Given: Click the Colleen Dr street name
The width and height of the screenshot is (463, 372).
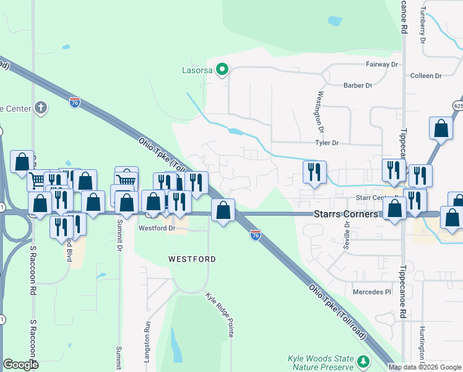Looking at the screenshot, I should point(426,76).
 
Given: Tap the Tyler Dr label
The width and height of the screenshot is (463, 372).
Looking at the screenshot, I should point(327,143).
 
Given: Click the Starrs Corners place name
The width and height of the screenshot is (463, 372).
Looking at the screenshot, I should point(346,214).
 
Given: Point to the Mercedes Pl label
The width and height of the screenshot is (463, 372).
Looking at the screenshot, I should point(372,291).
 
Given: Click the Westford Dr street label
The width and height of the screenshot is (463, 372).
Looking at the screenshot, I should point(157,228).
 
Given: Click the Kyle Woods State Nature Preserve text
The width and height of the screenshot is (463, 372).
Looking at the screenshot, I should point(320,363).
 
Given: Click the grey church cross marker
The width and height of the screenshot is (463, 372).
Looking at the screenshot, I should point(41,108).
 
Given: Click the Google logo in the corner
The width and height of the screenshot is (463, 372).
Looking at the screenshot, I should point(20,364).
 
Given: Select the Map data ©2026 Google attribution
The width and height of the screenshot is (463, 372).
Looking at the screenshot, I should point(424,367).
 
